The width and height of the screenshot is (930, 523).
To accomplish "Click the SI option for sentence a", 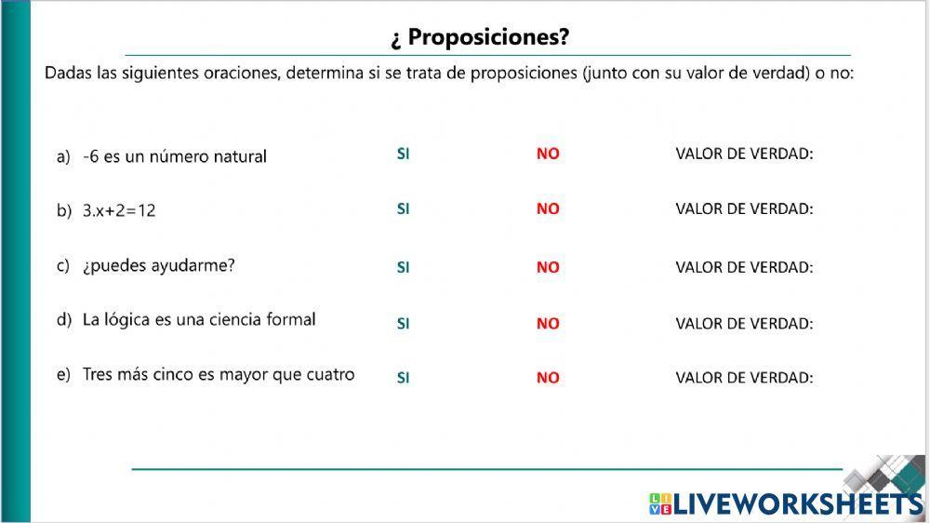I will [x=403, y=154].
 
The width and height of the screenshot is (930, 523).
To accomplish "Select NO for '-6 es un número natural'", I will [x=548, y=154].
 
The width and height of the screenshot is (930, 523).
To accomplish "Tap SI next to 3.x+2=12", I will [x=403, y=208].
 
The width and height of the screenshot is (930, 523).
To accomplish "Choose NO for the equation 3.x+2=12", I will [x=548, y=209].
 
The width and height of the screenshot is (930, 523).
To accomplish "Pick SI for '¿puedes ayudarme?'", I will [x=403, y=267].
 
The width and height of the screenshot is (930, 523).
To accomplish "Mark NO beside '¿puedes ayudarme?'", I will [x=548, y=267].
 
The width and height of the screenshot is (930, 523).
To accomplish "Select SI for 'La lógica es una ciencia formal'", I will [x=403, y=324].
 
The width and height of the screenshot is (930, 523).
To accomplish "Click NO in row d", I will [x=548, y=324].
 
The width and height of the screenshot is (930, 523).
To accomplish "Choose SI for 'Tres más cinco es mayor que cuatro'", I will [x=403, y=378].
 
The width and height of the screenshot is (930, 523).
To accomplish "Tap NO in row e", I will [x=548, y=378].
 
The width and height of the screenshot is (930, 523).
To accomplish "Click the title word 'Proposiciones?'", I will [x=488, y=37].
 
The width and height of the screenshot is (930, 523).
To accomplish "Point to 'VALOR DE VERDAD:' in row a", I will [x=744, y=154].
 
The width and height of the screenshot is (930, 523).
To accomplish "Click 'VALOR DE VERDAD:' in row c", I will [x=744, y=267].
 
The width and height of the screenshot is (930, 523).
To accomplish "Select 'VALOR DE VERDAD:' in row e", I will [x=744, y=378].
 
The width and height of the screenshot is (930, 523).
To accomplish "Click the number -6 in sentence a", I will [x=90, y=157].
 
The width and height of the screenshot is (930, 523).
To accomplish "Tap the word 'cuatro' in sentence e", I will [x=330, y=375].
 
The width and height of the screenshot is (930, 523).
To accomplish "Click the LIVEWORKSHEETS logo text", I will [x=798, y=504].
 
